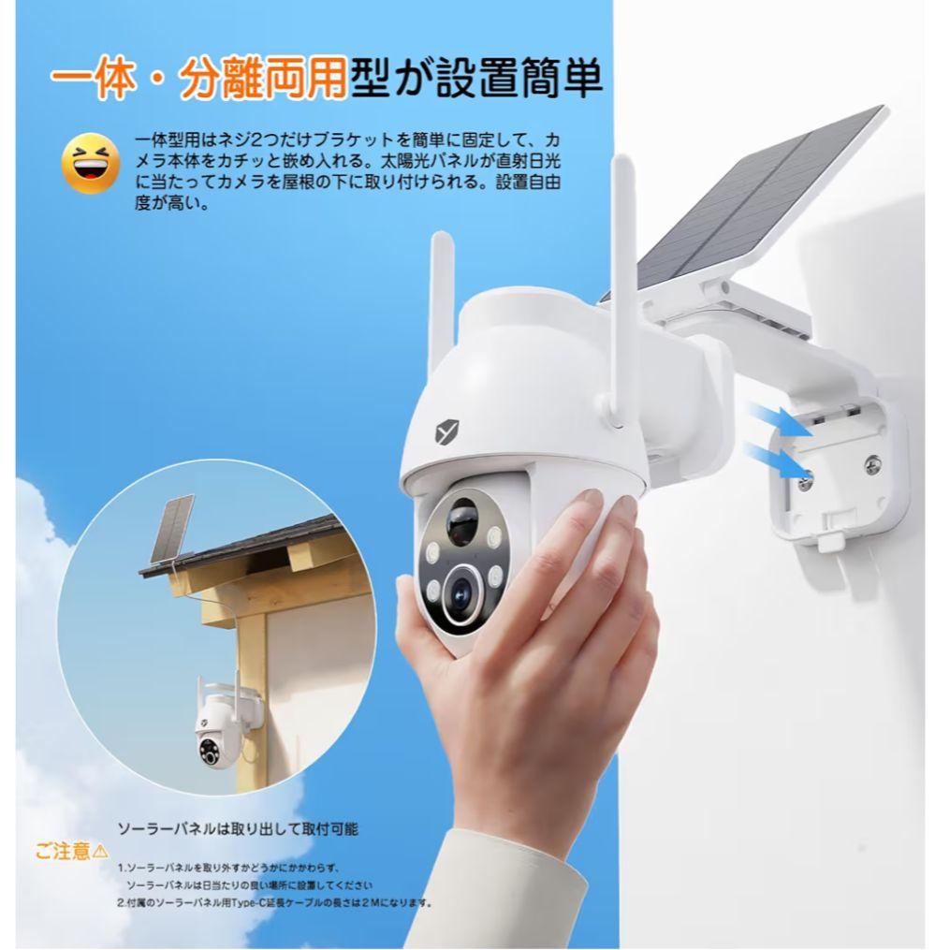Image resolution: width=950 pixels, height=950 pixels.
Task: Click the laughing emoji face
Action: click(91, 163)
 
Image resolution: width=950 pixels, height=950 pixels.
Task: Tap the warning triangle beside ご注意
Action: click(101, 851)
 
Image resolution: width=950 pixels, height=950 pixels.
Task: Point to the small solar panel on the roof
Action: click(175, 528)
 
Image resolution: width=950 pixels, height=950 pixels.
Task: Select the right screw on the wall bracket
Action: click(873, 461)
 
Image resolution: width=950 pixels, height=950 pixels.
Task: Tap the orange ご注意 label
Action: click(64, 851)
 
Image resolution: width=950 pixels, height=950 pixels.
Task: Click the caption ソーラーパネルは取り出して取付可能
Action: click(238, 828)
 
